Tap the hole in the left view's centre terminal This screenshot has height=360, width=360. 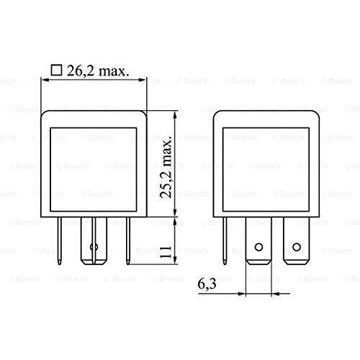(x=91, y=249)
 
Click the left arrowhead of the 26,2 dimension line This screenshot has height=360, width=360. (x=45, y=83)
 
